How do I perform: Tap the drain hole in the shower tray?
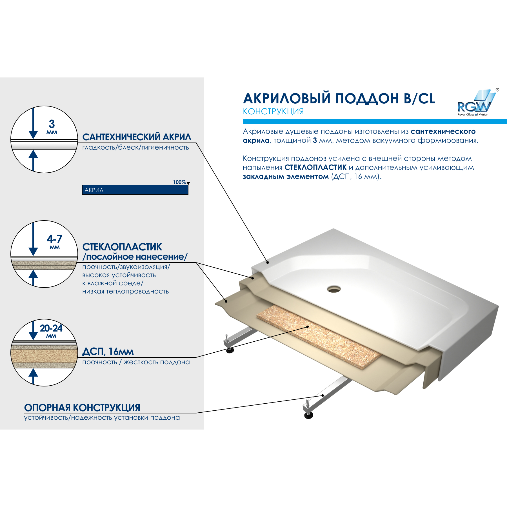[x=334, y=289]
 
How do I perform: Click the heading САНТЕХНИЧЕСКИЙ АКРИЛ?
[x=137, y=137]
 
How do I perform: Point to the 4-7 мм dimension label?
[x=54, y=241]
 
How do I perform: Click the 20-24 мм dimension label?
[x=51, y=330]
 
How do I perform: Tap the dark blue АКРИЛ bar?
[x=135, y=190]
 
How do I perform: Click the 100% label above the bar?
[x=179, y=182]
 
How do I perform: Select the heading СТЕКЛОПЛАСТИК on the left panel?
[x=122, y=247]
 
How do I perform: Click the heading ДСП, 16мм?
[x=108, y=352]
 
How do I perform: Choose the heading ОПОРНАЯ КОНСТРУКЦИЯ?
[x=82, y=408]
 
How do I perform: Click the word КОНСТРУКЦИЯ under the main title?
[x=273, y=112]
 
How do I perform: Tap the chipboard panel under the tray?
[x=318, y=335]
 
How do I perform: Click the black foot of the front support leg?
[x=309, y=415]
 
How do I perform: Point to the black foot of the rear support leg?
[x=230, y=350]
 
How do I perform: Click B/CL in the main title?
[x=419, y=99]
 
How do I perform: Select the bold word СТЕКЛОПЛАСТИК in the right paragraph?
[x=315, y=167]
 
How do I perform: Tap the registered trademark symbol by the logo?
[x=497, y=90]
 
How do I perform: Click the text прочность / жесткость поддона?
[x=136, y=362]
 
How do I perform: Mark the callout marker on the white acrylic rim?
[x=268, y=262]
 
